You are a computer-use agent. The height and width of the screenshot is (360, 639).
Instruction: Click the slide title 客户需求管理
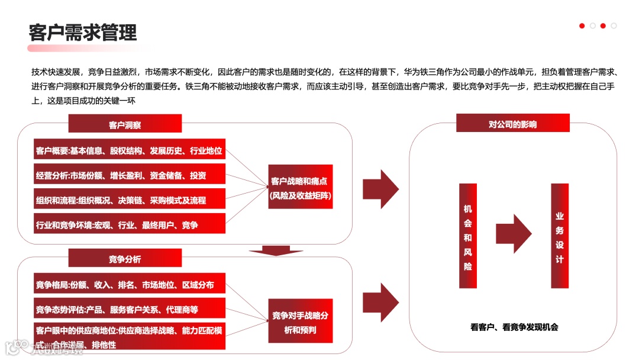coord(83,32)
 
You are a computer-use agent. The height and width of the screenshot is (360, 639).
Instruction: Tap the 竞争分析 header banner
coord(125,259)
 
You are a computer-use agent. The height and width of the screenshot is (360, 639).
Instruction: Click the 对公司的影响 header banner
coord(512,124)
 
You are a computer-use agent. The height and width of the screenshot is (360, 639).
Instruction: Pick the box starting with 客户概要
coord(130,150)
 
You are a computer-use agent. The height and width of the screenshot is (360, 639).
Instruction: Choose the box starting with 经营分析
coord(130,175)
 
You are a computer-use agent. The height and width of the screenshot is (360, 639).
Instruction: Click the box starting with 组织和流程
coord(130,200)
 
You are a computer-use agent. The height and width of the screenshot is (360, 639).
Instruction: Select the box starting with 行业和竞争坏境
coord(130,225)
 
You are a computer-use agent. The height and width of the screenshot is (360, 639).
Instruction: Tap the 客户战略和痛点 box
coord(300,187)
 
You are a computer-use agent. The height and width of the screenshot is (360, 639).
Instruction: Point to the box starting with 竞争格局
coord(130,285)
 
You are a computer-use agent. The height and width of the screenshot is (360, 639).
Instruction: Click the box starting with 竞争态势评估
coord(130,309)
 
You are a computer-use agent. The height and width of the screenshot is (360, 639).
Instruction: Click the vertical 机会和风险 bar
coord(467,236)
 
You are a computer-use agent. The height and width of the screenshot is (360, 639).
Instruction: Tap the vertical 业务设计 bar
coord(559,236)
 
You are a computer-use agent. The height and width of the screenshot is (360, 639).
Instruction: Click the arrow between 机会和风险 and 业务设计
coord(513,233)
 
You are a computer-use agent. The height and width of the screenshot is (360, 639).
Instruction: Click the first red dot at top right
coord(582,26)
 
